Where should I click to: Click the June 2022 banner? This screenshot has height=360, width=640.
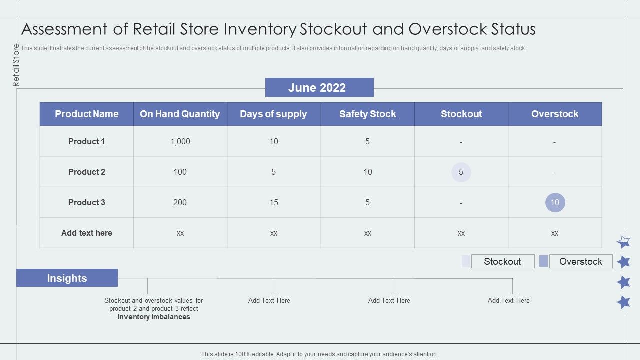click(319, 88)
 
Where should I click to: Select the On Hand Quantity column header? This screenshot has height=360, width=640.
click(180, 114)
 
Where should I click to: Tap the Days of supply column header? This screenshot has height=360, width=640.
click(273, 114)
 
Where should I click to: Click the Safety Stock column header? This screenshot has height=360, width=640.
click(367, 114)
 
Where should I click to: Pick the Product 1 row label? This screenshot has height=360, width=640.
click(86, 141)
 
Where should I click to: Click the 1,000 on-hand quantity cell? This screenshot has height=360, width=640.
click(180, 141)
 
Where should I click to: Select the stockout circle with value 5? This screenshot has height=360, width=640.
click(461, 172)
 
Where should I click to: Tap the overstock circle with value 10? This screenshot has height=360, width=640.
click(555, 202)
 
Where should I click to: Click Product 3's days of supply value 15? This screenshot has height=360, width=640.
click(273, 202)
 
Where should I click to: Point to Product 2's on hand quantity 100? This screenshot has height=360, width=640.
click(180, 172)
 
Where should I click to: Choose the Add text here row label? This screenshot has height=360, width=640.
click(86, 233)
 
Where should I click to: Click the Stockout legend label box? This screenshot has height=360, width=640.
click(502, 261)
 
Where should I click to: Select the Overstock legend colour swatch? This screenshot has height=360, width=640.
click(543, 261)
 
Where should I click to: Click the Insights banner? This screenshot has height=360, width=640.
click(67, 278)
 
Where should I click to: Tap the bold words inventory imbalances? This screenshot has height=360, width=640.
click(154, 317)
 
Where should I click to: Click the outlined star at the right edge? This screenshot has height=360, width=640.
click(623, 242)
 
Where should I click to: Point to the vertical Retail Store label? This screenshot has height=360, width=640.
click(16, 65)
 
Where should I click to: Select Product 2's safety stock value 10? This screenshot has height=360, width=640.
click(367, 172)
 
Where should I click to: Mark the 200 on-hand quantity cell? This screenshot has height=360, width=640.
click(180, 202)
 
